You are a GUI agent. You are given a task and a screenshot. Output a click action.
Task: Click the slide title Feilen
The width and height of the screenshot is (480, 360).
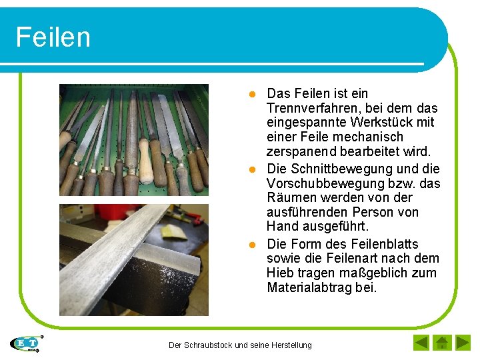[53, 37]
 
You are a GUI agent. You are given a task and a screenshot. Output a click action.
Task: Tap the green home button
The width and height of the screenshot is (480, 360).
[441, 343]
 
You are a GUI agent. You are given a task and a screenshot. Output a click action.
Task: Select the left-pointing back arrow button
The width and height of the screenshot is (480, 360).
[421, 343]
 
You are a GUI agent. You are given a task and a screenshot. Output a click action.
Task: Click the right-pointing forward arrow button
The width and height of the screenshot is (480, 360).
[463, 343]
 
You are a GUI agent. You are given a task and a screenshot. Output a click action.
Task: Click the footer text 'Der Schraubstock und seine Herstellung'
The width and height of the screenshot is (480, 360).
[240, 345]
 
